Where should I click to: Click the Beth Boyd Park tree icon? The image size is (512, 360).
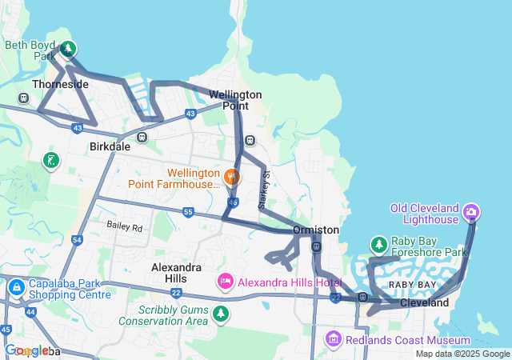point(68,50)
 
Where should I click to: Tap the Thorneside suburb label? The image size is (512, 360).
point(60,84)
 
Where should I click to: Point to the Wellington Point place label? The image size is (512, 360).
point(235,100)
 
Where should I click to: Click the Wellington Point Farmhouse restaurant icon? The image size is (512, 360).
point(232,177)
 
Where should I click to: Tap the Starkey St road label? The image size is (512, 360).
point(266,190)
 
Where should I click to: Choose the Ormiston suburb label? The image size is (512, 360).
point(316,230)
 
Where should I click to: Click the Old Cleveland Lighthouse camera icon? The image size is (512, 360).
point(471,212)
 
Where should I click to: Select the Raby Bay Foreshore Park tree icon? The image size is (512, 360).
point(378,244)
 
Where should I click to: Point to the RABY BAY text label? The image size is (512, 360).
point(412,285)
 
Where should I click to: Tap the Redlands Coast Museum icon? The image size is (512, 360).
point(334,340)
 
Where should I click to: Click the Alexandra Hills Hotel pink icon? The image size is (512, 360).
point(226,282)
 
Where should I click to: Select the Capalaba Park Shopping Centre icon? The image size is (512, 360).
point(16,287)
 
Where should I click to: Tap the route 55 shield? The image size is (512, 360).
point(187,212)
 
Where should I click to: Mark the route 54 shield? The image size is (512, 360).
point(77,239)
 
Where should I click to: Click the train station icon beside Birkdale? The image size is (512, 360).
point(142,137)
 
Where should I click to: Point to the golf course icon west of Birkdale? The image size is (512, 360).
point(50,162)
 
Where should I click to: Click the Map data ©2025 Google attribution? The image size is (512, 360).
point(462,354)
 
